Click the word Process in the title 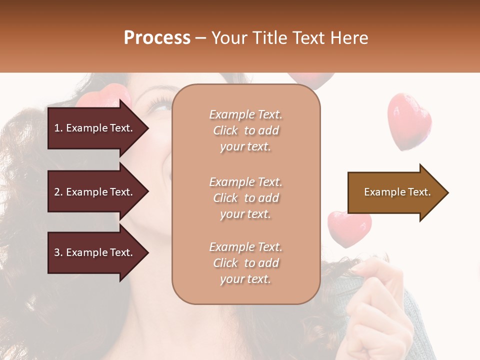point(157,38)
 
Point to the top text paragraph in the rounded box point(245,130)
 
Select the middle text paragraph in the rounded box point(245,198)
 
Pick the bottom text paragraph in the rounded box point(245,263)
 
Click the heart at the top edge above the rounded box point(311,79)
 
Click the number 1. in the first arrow point(58,128)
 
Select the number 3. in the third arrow point(58,252)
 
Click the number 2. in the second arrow point(58,192)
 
